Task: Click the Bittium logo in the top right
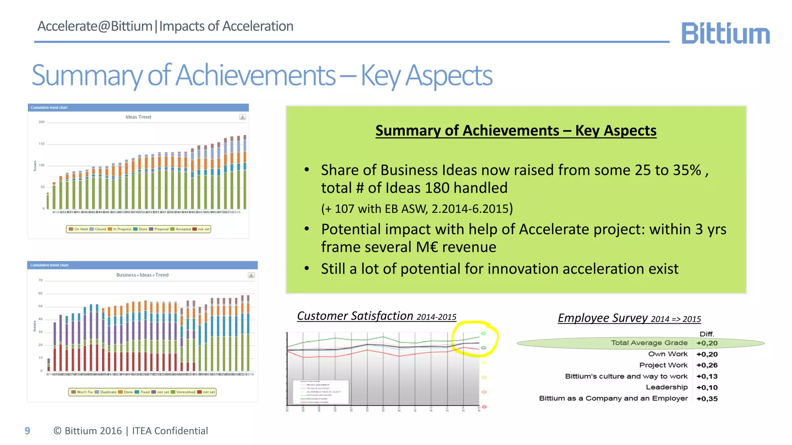click(725, 33)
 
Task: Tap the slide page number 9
click(27, 431)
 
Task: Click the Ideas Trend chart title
click(138, 117)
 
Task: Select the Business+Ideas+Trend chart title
click(142, 275)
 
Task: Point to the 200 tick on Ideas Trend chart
click(41, 122)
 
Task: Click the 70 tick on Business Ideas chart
click(41, 280)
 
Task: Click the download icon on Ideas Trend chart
click(242, 117)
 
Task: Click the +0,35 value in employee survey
click(707, 399)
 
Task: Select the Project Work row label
click(663, 365)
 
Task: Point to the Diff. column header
click(707, 334)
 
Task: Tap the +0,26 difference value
click(707, 365)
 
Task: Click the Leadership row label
click(667, 387)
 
